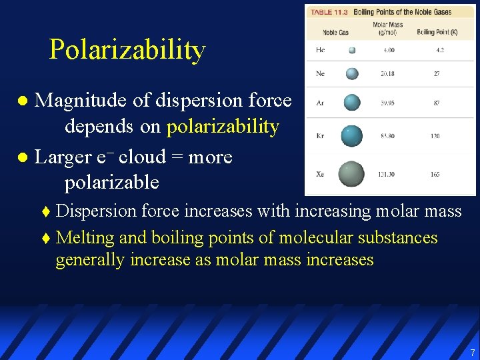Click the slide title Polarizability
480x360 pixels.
[x=127, y=50]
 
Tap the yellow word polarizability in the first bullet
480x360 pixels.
[x=223, y=127]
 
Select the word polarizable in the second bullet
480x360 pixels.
[x=111, y=181]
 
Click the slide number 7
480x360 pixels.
[x=472, y=352]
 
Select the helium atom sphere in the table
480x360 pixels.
[x=352, y=50]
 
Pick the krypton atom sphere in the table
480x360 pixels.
[x=351, y=135]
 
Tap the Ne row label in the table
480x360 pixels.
[x=321, y=73]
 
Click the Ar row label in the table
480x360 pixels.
[x=321, y=103]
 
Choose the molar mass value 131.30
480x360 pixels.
[x=387, y=174]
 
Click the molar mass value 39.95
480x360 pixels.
[x=387, y=103]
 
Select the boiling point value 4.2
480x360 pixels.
[x=439, y=50]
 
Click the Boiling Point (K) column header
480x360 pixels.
[x=437, y=32]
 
